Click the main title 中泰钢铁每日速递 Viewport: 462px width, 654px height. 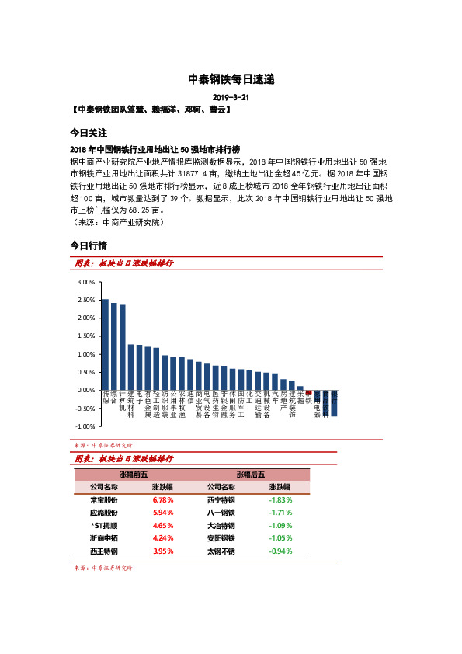point(231,79)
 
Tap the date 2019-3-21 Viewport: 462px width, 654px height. point(231,97)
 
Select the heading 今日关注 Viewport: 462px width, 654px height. point(88,133)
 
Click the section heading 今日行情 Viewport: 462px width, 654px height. point(88,245)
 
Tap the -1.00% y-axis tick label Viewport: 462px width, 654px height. point(84,426)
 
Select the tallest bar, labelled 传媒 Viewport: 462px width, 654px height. point(106,344)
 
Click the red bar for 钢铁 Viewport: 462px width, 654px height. point(308,392)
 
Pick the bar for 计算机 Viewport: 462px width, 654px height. point(123,347)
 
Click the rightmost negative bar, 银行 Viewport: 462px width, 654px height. point(334,403)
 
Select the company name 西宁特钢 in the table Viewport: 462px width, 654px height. point(221,499)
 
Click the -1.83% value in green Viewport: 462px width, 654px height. point(281,499)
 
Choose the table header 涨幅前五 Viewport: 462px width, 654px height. point(133,474)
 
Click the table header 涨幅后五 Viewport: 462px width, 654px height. point(251,474)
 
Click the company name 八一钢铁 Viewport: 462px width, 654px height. point(221,513)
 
